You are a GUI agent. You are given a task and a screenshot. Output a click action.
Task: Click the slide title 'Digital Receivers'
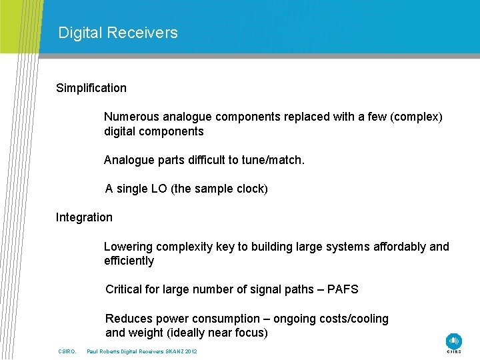click(x=118, y=33)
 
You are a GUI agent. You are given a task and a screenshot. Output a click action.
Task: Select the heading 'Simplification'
click(x=91, y=88)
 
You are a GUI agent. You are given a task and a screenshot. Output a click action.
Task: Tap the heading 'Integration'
click(x=84, y=217)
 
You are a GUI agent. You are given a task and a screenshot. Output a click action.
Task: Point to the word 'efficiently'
click(x=129, y=261)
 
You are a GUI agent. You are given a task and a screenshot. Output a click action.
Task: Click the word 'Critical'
click(x=125, y=289)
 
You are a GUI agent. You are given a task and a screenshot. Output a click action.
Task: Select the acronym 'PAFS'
click(x=343, y=289)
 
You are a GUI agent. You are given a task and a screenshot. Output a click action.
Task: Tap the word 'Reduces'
click(x=129, y=319)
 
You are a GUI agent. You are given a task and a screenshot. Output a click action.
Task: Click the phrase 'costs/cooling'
click(x=353, y=319)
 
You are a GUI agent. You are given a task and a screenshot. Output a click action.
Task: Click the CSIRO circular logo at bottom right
click(x=454, y=341)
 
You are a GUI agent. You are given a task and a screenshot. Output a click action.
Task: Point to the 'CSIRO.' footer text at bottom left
click(x=68, y=351)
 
